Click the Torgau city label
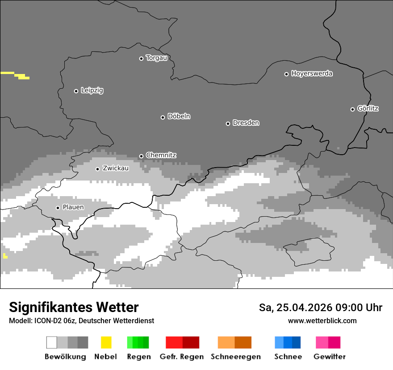pyautogui.click(x=156, y=58)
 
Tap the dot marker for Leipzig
pyautogui.click(x=76, y=91)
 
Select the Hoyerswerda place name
pyautogui.click(x=312, y=74)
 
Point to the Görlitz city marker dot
pyautogui.click(x=352, y=109)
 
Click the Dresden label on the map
pyautogui.click(x=246, y=123)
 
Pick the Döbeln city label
pyautogui.click(x=179, y=117)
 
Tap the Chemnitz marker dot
pyautogui.click(x=141, y=156)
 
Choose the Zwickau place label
pyautogui.click(x=116, y=169)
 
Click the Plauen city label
pyautogui.click(x=73, y=207)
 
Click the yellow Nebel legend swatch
pyautogui.click(x=106, y=342)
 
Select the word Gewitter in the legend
pyautogui.click(x=330, y=357)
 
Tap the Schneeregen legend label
pyautogui.click(x=236, y=357)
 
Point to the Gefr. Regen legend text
pyautogui.click(x=182, y=357)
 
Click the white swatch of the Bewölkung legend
pyautogui.click(x=52, y=342)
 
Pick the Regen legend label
pyautogui.click(x=138, y=357)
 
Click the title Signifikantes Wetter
pyautogui.click(x=74, y=308)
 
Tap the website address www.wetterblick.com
pyautogui.click(x=322, y=321)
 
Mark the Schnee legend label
pyautogui.click(x=288, y=357)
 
